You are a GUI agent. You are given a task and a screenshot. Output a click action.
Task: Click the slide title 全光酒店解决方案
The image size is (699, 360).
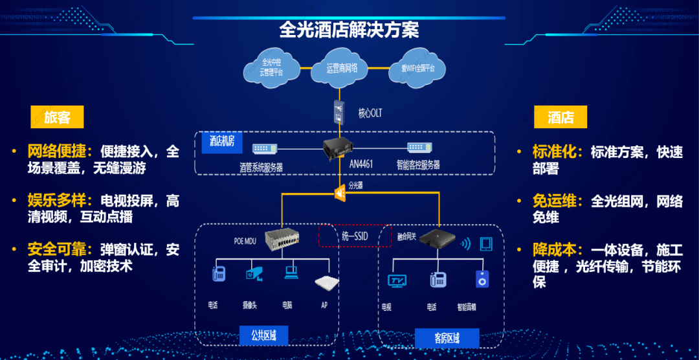[x=349, y=30]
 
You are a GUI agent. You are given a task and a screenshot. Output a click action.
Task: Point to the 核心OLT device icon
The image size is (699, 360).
[x=338, y=112]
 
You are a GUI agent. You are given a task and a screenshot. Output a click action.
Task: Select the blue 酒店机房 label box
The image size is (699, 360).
[x=221, y=141]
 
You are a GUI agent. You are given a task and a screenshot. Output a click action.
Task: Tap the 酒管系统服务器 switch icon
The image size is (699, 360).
[x=265, y=149]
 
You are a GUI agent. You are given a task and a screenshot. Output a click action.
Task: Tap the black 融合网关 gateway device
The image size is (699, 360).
[x=437, y=241]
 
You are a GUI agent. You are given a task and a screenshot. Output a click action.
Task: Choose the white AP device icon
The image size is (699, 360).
[x=327, y=282]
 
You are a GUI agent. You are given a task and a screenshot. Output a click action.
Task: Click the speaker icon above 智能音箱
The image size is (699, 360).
[x=482, y=280]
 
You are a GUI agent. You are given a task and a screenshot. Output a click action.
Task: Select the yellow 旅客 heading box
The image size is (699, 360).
[x=58, y=117]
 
